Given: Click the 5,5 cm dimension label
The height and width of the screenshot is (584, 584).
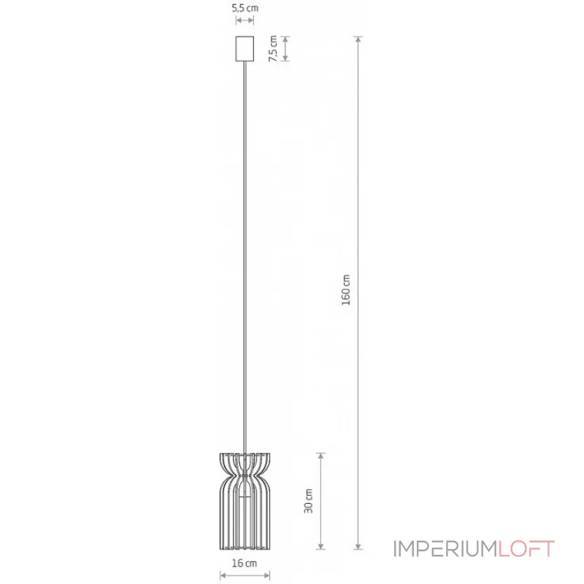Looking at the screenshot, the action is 245,8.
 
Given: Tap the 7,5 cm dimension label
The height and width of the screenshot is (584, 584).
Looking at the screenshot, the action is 273,48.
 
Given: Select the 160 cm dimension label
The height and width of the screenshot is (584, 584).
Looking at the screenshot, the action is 346,290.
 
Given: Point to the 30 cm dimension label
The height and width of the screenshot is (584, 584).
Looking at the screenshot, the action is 308,502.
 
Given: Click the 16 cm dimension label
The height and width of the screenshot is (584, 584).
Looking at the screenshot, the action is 245,563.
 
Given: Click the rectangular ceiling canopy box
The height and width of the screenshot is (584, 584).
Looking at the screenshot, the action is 245,48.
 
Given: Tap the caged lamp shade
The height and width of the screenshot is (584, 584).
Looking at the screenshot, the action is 245,502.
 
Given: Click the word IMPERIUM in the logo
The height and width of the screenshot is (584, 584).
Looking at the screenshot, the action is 445,549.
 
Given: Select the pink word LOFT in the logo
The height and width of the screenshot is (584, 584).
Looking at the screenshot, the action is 526,549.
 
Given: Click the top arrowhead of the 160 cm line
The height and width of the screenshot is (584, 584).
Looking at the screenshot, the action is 358,39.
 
